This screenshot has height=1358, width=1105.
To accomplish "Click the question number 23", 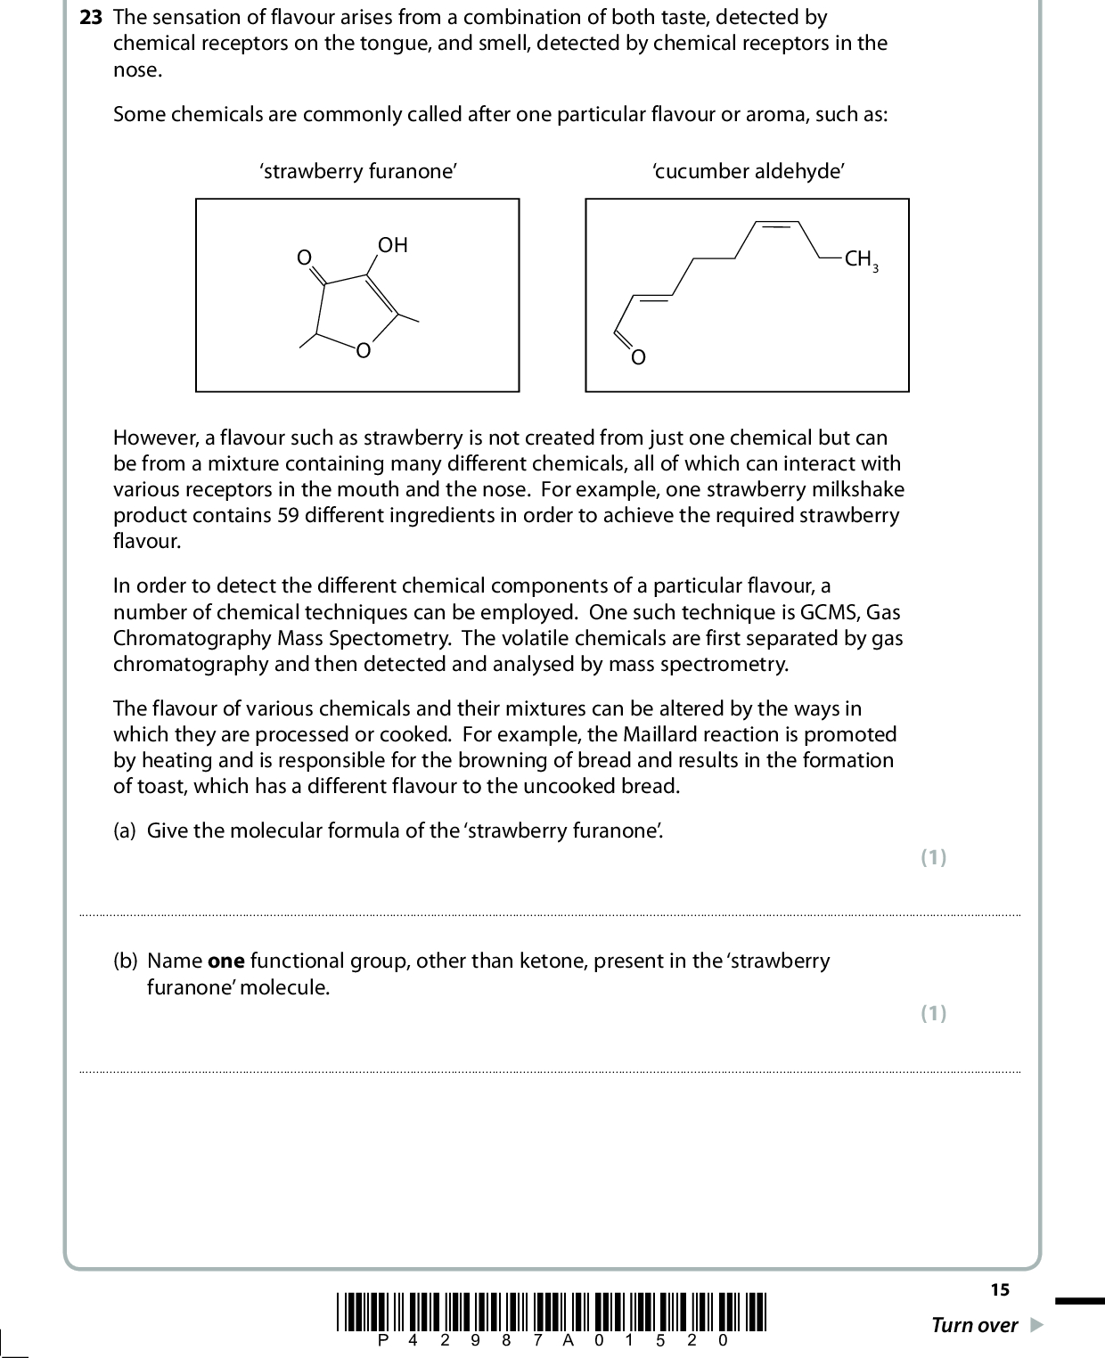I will tap(91, 17).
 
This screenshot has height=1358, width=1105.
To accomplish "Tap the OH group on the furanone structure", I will tap(392, 245).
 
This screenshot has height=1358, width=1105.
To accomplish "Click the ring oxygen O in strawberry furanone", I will tap(363, 351).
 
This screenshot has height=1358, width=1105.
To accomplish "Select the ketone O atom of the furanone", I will tap(304, 258).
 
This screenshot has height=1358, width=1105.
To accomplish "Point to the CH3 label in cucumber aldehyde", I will tap(861, 259).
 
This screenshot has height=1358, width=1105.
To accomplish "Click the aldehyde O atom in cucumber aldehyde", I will tap(637, 358).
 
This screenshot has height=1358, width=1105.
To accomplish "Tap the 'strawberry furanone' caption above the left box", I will tap(358, 172).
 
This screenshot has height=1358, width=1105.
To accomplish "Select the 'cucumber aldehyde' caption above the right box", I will tap(748, 172).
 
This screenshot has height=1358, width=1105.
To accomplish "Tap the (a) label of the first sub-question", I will tap(125, 830).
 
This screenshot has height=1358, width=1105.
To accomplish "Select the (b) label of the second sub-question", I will tap(125, 961).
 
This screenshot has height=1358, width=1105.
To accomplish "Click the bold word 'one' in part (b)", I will tap(226, 961).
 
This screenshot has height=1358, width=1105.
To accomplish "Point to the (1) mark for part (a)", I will tap(933, 857).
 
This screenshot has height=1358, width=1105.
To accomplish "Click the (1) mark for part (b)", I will tap(933, 1013).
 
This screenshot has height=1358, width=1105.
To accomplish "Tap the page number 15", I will tap(999, 1289).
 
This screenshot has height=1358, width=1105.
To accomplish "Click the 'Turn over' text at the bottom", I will tap(974, 1325).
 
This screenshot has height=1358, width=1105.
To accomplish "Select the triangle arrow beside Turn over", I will tap(1035, 1325).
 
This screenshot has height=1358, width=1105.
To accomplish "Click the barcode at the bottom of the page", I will tap(552, 1311).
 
